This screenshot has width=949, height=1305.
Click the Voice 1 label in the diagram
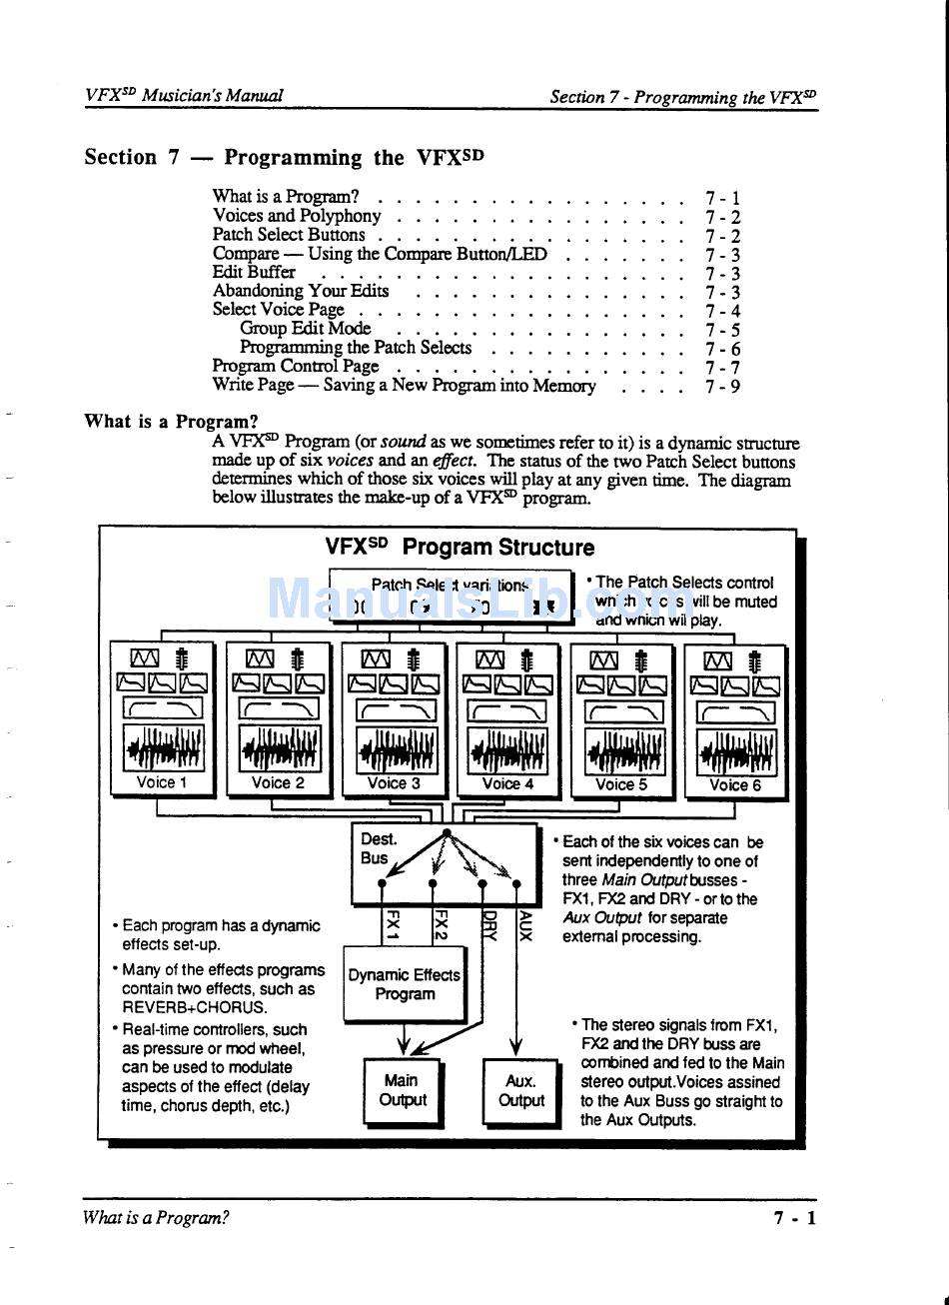162,783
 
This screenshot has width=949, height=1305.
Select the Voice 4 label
507,784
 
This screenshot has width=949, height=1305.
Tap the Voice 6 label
735,785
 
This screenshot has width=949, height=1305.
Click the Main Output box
402,1090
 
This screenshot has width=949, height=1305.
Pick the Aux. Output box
520,1091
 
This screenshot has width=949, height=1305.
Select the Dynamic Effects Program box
405,984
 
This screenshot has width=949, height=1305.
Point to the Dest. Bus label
378,848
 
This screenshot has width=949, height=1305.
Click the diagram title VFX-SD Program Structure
460,547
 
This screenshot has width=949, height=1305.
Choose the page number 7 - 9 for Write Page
722,386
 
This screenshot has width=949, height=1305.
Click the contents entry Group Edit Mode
305,329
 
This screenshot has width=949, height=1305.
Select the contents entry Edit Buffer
254,272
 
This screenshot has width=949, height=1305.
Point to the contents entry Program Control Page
296,366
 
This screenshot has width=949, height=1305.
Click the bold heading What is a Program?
171,421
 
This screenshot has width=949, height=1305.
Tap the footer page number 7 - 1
794,1217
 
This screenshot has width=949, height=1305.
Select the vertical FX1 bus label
393,925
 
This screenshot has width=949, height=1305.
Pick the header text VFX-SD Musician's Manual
184,96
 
